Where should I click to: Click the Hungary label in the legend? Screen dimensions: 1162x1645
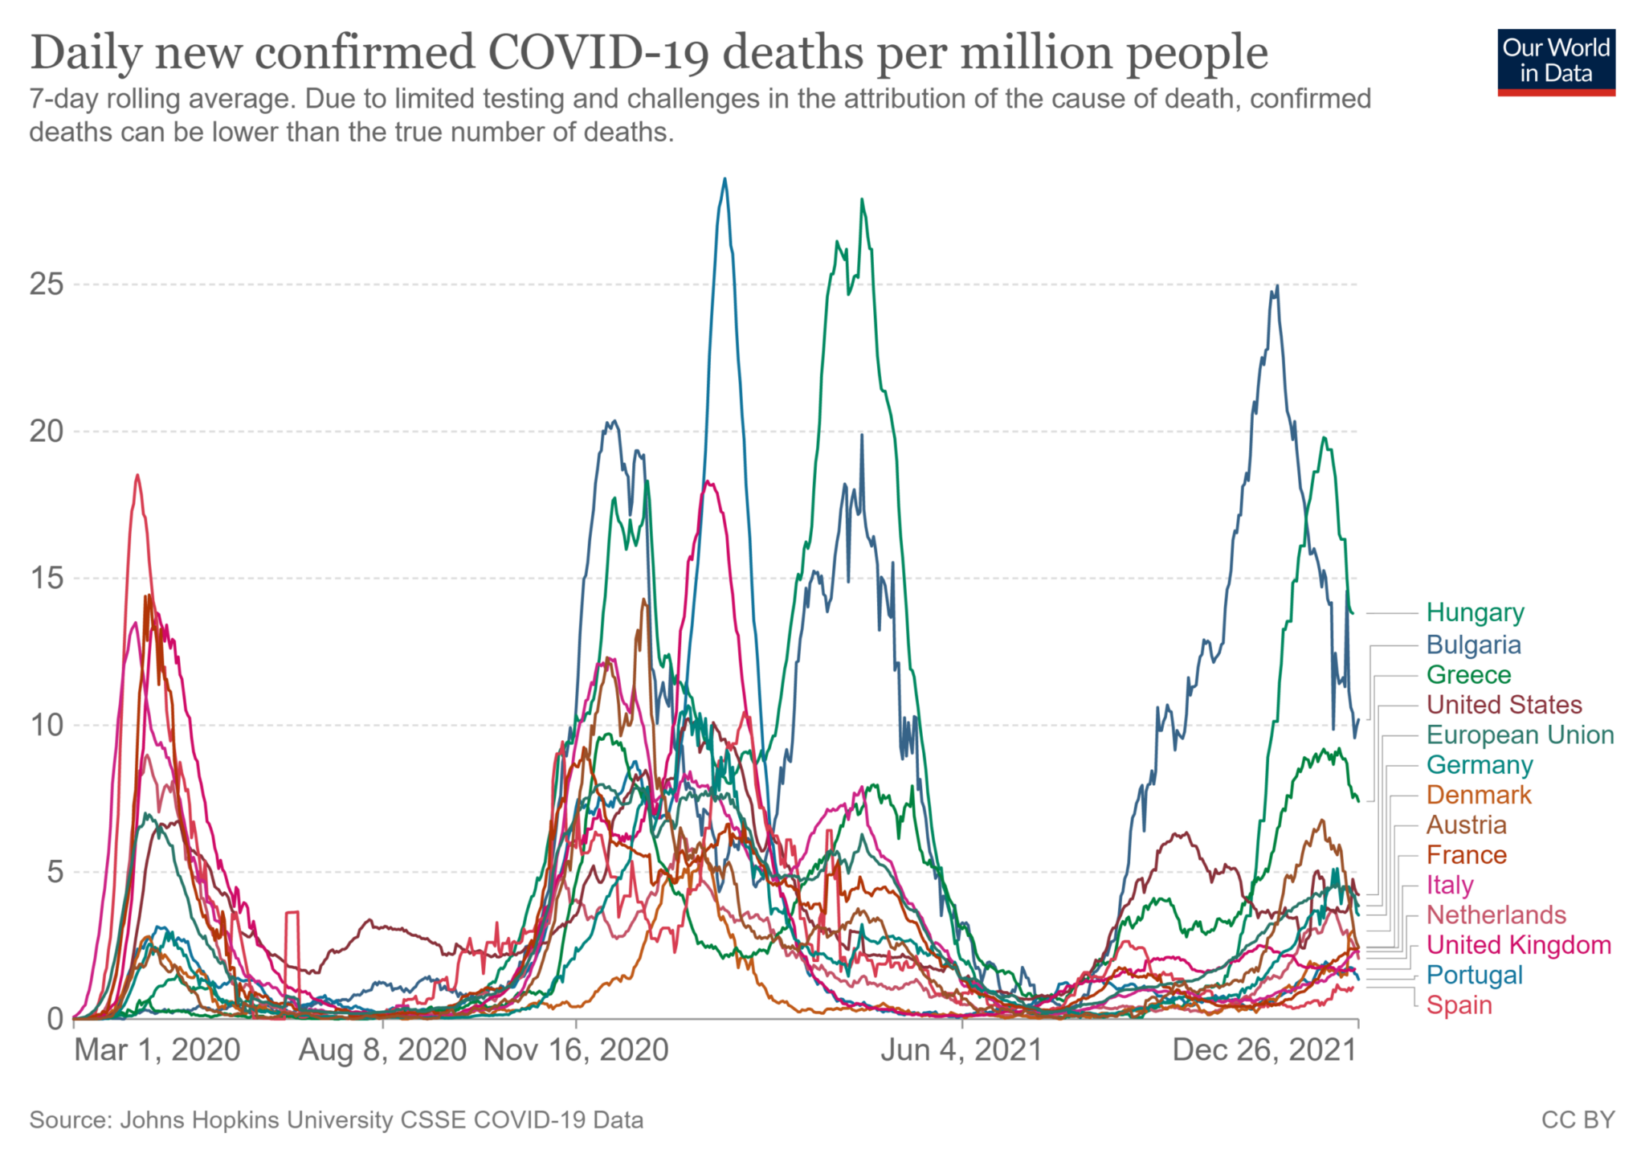[x=1475, y=613]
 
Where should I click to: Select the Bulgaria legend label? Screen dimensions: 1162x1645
[x=1473, y=645]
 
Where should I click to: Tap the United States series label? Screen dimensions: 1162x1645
[x=1504, y=705]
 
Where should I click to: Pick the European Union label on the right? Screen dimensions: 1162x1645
[x=1520, y=735]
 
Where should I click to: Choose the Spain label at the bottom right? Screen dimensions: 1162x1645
[x=1459, y=1005]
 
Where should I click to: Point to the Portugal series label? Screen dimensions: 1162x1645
[x=1474, y=976]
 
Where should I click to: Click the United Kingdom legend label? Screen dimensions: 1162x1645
[x=1518, y=945]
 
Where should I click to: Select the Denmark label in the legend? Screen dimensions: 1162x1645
[x=1479, y=796]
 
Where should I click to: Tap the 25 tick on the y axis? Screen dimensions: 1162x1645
[x=46, y=284]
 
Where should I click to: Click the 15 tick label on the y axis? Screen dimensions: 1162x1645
[x=46, y=578]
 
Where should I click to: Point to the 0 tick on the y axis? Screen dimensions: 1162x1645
[x=55, y=1019]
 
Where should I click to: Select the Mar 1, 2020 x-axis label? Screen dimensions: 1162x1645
[x=157, y=1050]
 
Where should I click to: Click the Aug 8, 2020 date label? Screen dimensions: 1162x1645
[x=382, y=1050]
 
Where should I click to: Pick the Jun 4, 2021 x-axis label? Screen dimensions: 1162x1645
[x=961, y=1050]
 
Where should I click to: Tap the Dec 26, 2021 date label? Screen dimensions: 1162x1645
[x=1264, y=1050]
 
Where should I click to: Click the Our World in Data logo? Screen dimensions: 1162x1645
[x=1556, y=62]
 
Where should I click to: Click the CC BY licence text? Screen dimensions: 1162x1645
[x=1578, y=1120]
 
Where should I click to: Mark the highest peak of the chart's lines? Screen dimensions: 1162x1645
[x=725, y=179]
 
